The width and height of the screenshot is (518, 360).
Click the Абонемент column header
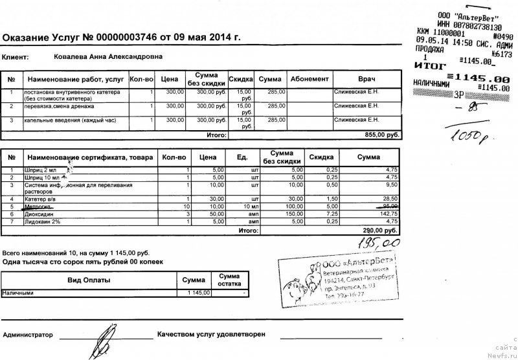click(309, 79)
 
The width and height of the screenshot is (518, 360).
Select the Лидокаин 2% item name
click(45, 221)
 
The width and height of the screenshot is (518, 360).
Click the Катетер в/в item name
click(43, 198)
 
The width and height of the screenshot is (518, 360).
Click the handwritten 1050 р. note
click(464, 136)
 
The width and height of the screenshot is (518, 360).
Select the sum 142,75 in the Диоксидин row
click(386, 213)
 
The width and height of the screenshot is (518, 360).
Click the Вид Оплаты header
click(89, 280)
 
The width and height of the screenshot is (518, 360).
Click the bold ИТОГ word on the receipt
click(429, 66)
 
